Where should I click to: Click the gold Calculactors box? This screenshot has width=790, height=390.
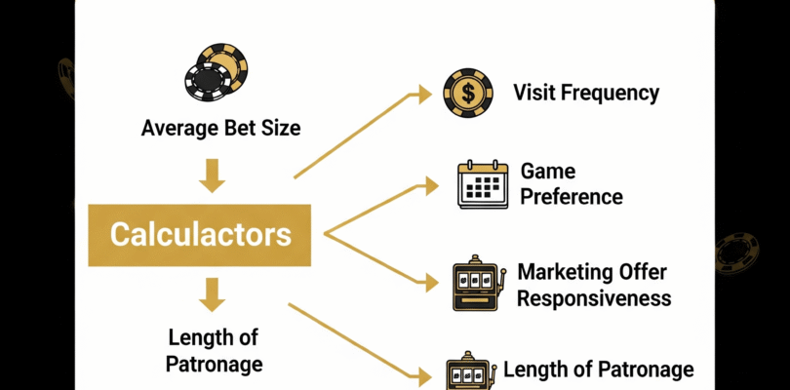coord(200,235)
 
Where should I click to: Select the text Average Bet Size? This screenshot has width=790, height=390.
coord(220,128)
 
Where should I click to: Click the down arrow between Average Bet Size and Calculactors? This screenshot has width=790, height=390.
coord(213,175)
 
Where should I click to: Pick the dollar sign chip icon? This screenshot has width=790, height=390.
coord(467,94)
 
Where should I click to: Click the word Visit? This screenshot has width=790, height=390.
coord(535,94)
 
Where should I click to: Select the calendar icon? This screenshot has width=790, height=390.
coord(483,183)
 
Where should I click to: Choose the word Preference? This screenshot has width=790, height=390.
coord(571,196)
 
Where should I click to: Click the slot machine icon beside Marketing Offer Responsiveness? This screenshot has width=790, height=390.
coord(474,284)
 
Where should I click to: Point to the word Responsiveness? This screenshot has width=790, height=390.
coord(593,297)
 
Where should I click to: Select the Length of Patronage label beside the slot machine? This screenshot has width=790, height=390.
coord(598,370)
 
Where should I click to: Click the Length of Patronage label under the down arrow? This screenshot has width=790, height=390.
coord(215,351)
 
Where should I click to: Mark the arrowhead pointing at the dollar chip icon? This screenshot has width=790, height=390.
coord(421,94)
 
